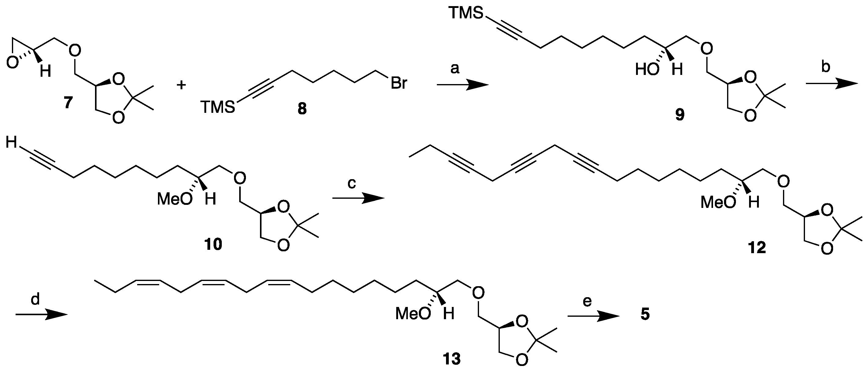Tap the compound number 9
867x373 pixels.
tap(679, 116)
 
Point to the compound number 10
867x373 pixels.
tap(213, 244)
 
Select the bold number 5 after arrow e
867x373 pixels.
tap(645, 315)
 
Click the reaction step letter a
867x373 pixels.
tap(455, 69)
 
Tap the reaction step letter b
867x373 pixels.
tap(825, 67)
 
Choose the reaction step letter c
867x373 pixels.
tap(351, 184)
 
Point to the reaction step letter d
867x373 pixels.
tap(35, 299)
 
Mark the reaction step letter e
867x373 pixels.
tap(587, 301)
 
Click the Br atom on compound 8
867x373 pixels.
tap(399, 83)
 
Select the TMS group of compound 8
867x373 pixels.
tap(218, 108)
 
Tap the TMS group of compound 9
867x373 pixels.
tap(466, 13)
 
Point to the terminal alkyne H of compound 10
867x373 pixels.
tap(11, 143)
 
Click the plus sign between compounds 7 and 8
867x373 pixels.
tap(181, 85)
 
